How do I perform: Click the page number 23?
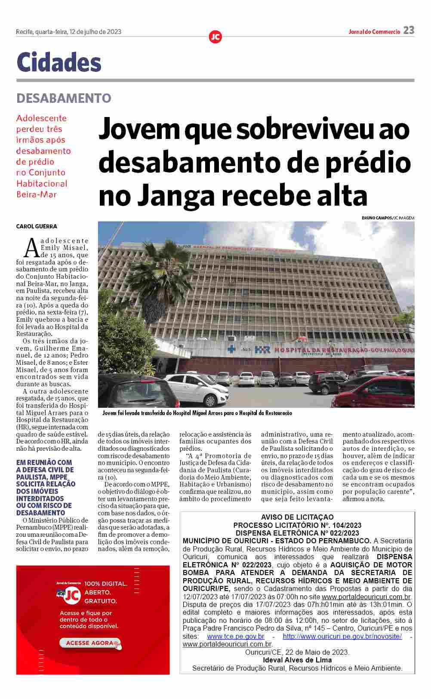click(x=409, y=30)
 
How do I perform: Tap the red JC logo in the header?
click(x=215, y=37)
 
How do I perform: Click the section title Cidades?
click(x=59, y=62)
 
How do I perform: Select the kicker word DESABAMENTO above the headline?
click(x=64, y=98)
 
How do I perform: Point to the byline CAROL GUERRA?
click(x=37, y=226)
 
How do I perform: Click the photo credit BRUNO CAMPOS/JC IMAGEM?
click(x=388, y=218)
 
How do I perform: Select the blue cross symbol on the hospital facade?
click(x=232, y=349)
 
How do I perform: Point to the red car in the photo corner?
click(x=379, y=391)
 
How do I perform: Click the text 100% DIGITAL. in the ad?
click(x=106, y=584)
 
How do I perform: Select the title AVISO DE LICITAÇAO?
click(x=297, y=517)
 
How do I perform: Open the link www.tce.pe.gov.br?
click(x=235, y=636)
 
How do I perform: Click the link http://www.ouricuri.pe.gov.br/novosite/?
click(x=342, y=636)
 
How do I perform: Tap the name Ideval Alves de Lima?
click(x=297, y=660)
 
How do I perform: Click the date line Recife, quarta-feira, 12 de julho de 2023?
click(x=68, y=31)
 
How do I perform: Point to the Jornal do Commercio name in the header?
click(x=374, y=31)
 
